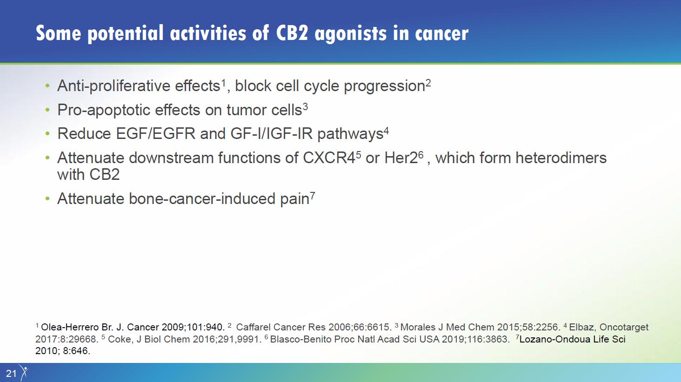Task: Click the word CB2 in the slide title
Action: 292,33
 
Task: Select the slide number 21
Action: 11,373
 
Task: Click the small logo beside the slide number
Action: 24,372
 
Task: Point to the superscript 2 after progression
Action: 428,83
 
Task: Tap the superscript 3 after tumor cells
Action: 305,106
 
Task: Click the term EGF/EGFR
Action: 156,134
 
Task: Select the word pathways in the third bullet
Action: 350,134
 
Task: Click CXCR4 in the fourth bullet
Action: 329,158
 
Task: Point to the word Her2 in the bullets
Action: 401,158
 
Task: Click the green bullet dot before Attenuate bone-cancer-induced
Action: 47,199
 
